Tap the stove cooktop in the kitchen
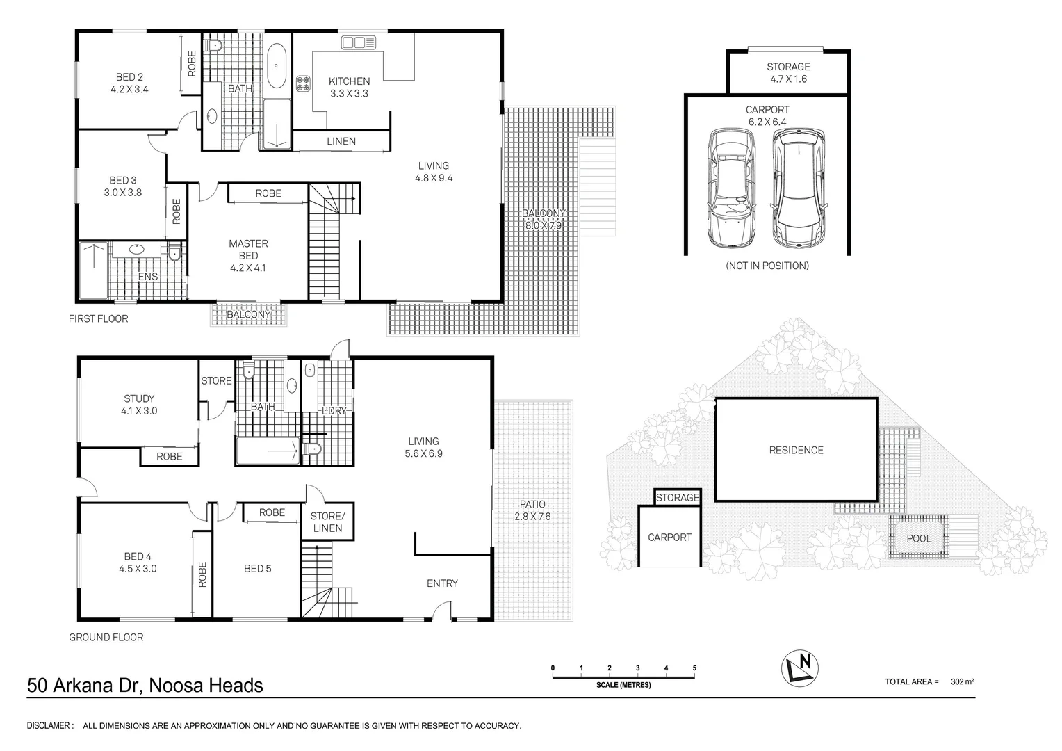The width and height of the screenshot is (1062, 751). click(x=304, y=83)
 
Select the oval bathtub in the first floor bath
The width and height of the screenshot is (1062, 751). click(x=276, y=67)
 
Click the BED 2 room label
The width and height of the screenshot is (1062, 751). click(x=129, y=83)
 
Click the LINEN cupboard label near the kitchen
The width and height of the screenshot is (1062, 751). click(x=341, y=141)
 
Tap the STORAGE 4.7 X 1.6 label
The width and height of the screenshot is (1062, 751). click(x=788, y=72)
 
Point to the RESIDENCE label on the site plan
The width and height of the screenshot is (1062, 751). click(x=796, y=450)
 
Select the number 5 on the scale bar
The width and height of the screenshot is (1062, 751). click(x=694, y=668)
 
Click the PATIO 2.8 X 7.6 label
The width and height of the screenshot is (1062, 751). click(x=532, y=510)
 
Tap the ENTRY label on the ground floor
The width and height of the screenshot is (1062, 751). click(x=442, y=583)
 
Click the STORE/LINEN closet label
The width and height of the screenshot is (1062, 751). click(x=327, y=522)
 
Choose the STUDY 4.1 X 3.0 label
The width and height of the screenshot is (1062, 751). click(x=139, y=405)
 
